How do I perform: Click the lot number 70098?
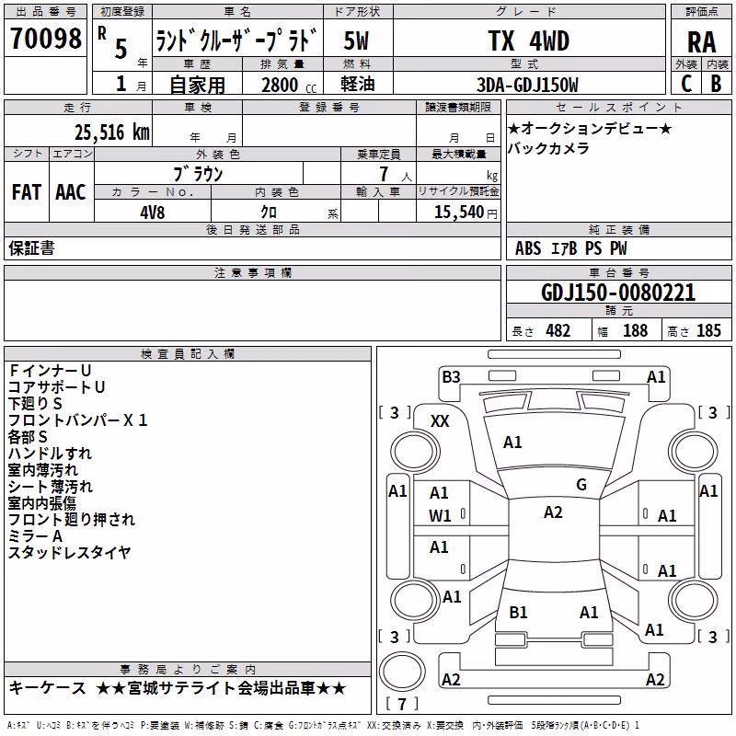[45, 38]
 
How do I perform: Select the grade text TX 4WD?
[528, 40]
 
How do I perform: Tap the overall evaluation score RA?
[701, 42]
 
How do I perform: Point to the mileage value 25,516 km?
[112, 132]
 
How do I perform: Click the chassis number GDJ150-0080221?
[618, 293]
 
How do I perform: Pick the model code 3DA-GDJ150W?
[527, 85]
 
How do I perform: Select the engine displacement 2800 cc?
[289, 85]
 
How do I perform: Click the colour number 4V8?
[152, 213]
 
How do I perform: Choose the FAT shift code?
[27, 192]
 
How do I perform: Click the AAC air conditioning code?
[71, 192]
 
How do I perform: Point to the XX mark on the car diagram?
[440, 421]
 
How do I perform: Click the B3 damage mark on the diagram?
[451, 376]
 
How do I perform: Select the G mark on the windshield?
[581, 485]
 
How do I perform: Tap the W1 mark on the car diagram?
[440, 516]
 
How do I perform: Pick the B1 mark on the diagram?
[518, 612]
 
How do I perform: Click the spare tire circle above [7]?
[402, 672]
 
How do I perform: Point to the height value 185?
[708, 330]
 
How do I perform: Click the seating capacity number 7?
[384, 174]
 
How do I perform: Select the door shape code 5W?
[356, 40]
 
